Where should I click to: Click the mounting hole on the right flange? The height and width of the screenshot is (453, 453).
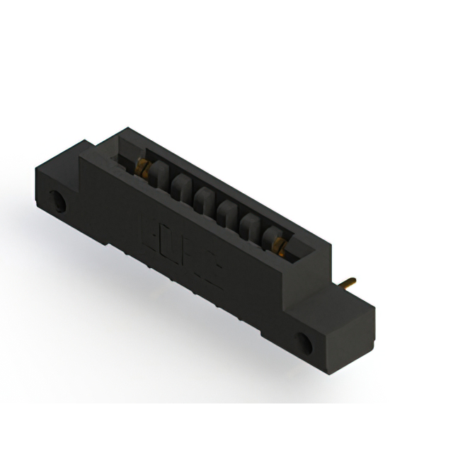pos(305,343)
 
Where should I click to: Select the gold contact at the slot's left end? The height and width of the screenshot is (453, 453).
pos(142,168)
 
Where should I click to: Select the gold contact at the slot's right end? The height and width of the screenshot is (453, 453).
pos(280,246)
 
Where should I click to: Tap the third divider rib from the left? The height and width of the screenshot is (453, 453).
pos(203,199)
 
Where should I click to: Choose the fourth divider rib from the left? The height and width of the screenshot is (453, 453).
pos(226,212)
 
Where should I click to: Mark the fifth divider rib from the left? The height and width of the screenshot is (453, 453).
pos(249,225)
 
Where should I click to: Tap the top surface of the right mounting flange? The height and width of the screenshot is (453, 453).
pos(333,301)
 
